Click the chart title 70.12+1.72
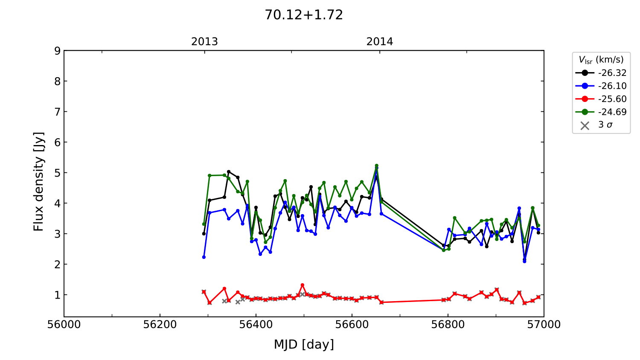point(304,15)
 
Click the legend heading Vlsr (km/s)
point(601,60)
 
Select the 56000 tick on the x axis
point(64,325)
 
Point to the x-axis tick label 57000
point(544,325)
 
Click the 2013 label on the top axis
point(204,42)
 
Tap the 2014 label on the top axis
point(380,42)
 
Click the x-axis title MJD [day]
point(304,344)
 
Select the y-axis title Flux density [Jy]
point(39,182)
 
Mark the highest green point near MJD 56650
point(376,165)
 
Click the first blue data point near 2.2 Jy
point(204,257)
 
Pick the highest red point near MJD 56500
point(302,285)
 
